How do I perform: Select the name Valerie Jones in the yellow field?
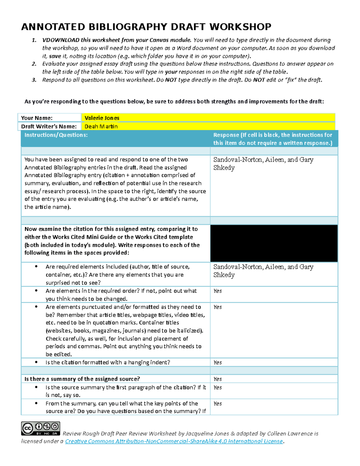coord(102,118)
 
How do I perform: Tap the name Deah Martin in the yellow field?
coord(101,126)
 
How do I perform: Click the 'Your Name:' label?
coord(37,118)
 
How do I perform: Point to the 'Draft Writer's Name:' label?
coord(49,126)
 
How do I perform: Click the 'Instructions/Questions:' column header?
coord(56,135)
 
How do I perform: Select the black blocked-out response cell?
coord(274,243)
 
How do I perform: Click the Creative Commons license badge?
coord(40,428)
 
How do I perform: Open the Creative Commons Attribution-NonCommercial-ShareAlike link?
coord(174,441)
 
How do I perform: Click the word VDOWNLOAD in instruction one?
coord(61,40)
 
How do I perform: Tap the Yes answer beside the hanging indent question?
coord(217,362)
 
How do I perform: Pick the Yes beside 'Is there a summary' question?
coord(217,379)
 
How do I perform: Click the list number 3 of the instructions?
coord(34,80)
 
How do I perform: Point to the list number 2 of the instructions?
coord(34,64)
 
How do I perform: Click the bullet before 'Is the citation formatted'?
coord(36,362)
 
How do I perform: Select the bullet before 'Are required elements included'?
coord(36,266)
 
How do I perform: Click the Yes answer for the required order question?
coord(217,291)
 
